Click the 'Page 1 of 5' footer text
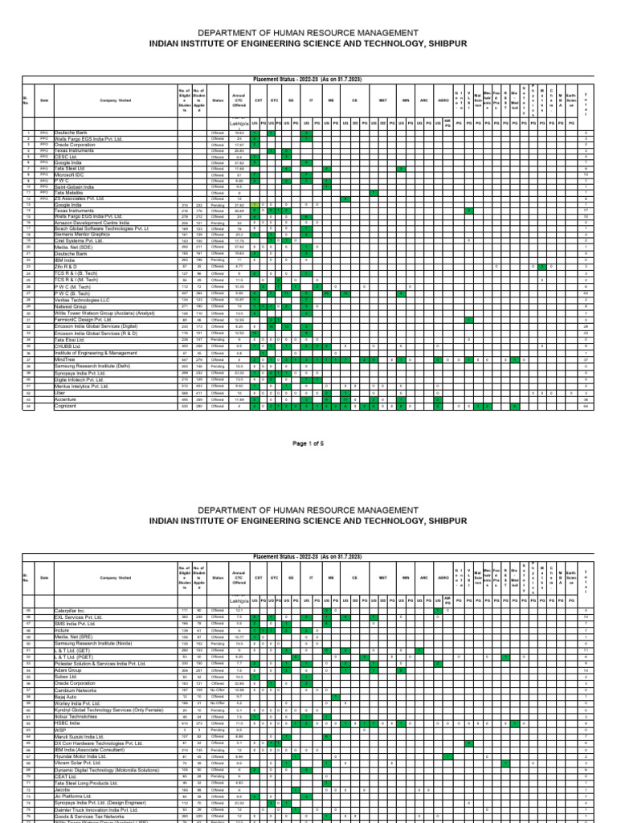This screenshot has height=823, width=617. [x=308, y=443]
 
